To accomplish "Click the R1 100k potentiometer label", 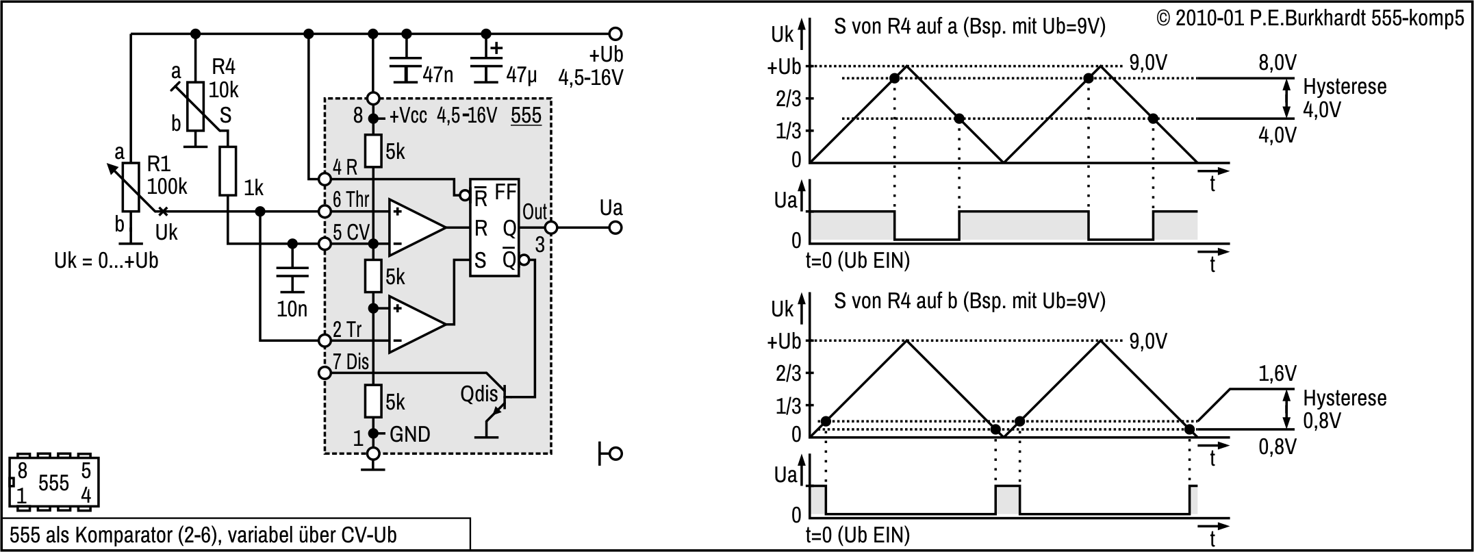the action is coord(167,175).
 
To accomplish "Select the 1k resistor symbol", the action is coord(228,171).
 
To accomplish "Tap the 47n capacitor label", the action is coord(437,74).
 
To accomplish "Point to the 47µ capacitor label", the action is coord(522,75).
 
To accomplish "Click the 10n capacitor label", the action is coord(292,309).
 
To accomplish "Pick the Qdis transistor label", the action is coord(479,394).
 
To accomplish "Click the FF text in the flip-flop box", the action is coord(505,192).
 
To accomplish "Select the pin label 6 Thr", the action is coord(351,199).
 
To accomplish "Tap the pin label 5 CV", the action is coord(351,232).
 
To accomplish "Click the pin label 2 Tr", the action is coord(347,329).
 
